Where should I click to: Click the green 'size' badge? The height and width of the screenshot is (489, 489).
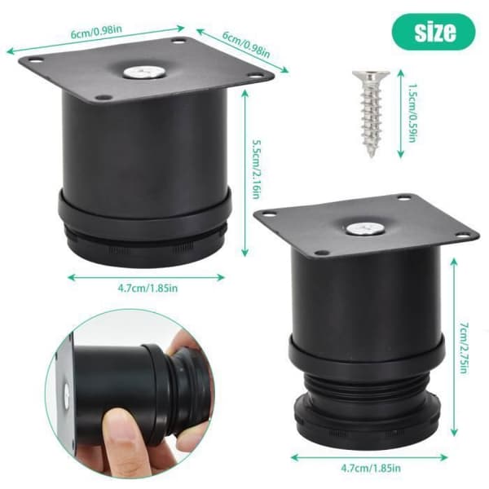(x=434, y=32)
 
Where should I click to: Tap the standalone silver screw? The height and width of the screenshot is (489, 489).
(x=371, y=114)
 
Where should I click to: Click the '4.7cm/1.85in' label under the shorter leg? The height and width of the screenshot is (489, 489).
(x=148, y=288)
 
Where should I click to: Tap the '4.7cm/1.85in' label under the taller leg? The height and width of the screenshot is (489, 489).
(x=371, y=468)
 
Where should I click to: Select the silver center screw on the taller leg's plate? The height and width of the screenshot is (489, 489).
(x=365, y=229)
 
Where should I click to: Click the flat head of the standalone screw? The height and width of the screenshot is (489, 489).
(x=371, y=76)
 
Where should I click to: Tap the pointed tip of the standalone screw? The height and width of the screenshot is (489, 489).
(x=372, y=156)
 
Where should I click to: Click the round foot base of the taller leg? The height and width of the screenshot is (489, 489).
(x=368, y=420)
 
